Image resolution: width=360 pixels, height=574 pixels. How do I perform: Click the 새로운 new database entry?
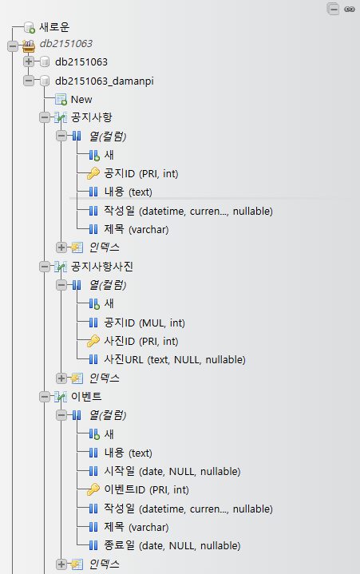[x=54, y=27]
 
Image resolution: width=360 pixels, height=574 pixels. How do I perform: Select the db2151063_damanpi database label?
[x=105, y=81]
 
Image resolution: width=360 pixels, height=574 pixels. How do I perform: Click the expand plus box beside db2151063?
[x=29, y=61]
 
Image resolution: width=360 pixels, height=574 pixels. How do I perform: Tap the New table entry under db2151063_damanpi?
[x=81, y=100]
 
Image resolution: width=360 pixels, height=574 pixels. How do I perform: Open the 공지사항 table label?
[x=92, y=117]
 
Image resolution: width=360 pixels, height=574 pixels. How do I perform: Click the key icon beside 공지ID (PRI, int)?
[x=93, y=173]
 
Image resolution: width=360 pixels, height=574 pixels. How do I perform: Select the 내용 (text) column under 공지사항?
[x=128, y=192]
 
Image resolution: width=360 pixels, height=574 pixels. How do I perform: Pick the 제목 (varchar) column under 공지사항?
[x=136, y=230]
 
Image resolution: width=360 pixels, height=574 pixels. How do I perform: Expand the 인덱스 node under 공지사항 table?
[x=61, y=247]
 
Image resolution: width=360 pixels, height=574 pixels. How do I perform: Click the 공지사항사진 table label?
[x=101, y=267]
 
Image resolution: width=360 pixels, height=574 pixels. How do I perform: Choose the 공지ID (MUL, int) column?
[x=144, y=323]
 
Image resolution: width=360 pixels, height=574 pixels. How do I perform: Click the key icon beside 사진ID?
[x=93, y=341]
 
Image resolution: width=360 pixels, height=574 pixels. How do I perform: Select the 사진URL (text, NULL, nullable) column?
[x=175, y=359]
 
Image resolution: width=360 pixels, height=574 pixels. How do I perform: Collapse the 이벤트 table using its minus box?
[x=44, y=397]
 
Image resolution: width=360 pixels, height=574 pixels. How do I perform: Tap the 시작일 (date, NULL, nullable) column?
[x=172, y=471]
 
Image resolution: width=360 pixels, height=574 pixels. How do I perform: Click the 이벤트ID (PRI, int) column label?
[x=146, y=490]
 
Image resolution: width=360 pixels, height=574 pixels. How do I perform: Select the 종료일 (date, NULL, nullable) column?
[x=172, y=545]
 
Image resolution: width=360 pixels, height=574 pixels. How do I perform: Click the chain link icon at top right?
[x=350, y=9]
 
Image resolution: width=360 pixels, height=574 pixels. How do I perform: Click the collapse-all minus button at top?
[x=334, y=9]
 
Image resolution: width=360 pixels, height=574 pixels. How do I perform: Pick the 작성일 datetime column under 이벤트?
[x=188, y=509]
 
